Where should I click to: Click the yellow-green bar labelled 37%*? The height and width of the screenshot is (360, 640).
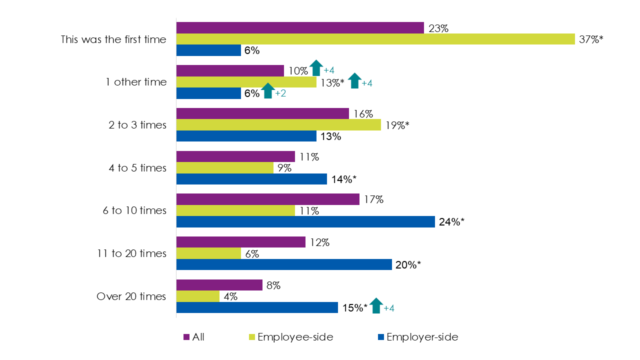(x=375, y=39)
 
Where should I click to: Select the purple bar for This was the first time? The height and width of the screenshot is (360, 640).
(x=300, y=28)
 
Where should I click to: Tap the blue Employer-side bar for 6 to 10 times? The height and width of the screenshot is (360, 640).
(x=305, y=221)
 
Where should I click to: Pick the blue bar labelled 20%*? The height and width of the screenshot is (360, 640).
(x=284, y=264)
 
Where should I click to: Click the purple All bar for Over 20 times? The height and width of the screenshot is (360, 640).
(x=219, y=285)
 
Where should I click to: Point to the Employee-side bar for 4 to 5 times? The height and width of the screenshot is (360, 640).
(x=225, y=168)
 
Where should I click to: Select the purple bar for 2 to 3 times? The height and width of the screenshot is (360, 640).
(x=262, y=113)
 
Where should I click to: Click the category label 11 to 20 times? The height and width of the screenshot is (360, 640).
(x=131, y=253)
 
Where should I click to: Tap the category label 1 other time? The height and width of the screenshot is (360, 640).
(x=136, y=82)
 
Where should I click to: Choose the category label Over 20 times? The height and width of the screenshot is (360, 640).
(x=131, y=296)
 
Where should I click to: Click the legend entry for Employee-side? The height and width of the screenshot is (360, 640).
(x=295, y=337)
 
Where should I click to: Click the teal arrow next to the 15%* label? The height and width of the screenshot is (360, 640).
(x=376, y=305)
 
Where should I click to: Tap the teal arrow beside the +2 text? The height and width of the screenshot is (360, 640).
(x=267, y=91)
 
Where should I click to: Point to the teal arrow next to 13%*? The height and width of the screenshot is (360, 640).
(x=354, y=80)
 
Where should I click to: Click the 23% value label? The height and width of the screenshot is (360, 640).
(x=438, y=28)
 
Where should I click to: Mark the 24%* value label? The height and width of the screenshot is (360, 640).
(x=451, y=222)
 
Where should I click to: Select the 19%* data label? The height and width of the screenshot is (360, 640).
(x=396, y=125)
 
